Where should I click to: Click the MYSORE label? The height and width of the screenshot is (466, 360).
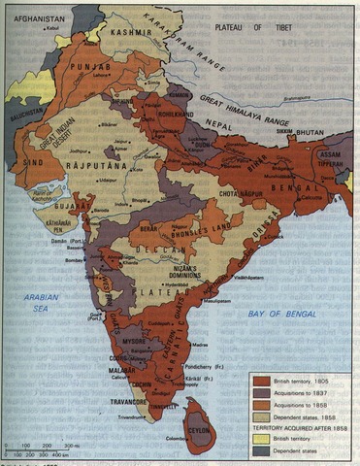136,342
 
